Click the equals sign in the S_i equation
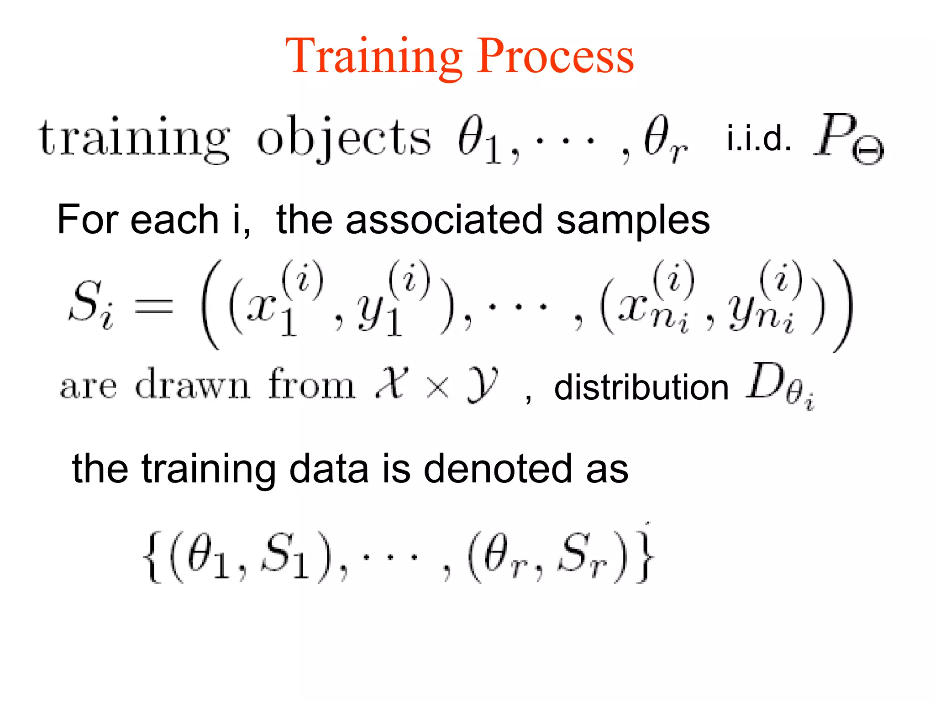pyautogui.click(x=153, y=305)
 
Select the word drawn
pyautogui.click(x=193, y=385)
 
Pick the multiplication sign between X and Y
pyautogui.click(x=437, y=388)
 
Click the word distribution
pyautogui.click(x=641, y=388)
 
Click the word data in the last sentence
pyautogui.click(x=329, y=469)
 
